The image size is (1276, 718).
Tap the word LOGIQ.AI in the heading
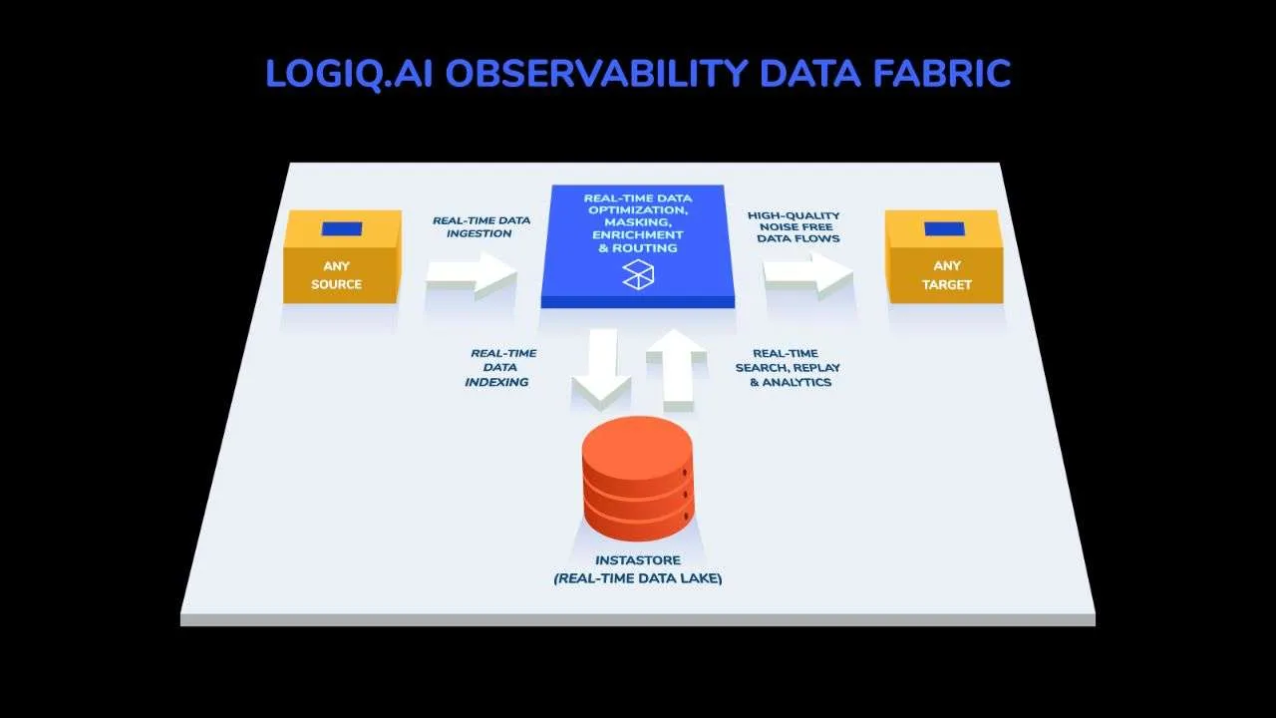pos(349,74)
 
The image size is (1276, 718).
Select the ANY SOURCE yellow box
pos(342,256)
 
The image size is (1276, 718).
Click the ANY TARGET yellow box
pos(944,256)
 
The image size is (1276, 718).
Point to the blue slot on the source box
pos(342,228)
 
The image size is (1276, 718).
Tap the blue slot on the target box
pos(944,228)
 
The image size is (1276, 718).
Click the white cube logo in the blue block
pos(638,274)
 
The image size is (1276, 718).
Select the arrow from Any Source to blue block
pos(472,276)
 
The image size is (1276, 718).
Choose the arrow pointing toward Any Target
pos(808,276)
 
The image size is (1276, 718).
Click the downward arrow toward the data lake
pos(602,369)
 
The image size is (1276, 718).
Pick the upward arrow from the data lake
pos(677,369)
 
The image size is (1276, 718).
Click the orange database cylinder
pos(638,479)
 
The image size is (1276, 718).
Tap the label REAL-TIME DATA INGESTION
pos(481,226)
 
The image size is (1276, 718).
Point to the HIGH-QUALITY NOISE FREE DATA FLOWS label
pos(795,226)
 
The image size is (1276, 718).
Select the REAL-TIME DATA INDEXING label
pos(500,368)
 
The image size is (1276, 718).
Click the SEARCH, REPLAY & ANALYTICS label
pos(788,368)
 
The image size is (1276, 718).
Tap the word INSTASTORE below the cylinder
pos(638,560)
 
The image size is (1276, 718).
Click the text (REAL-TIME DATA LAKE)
pos(638,578)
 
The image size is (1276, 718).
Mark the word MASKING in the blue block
pos(638,222)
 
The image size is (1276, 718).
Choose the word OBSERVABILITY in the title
pos(596,73)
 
